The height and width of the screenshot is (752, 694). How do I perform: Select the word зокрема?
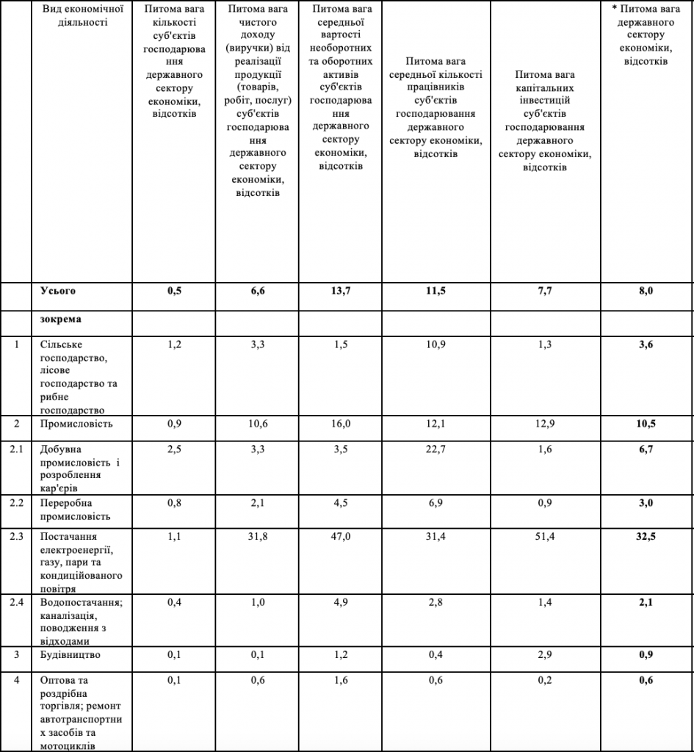60,321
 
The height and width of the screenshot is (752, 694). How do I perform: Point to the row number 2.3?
16,537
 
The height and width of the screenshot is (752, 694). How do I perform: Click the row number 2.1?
16,449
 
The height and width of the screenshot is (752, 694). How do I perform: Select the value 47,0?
341,537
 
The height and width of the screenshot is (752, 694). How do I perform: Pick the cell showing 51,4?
545,537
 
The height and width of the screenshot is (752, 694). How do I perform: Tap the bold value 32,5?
646,537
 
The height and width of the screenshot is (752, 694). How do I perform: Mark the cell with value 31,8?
256,537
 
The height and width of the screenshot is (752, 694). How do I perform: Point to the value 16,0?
341,424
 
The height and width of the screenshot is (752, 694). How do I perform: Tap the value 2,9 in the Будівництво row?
545,654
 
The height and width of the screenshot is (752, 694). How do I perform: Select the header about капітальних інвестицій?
545,121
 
